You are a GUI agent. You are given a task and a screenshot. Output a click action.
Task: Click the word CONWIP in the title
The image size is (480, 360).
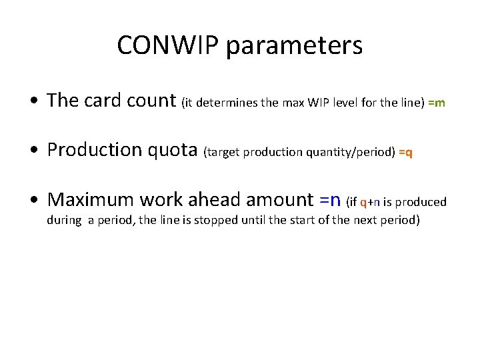168,46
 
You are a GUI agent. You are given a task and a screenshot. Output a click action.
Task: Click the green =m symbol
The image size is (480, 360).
437,103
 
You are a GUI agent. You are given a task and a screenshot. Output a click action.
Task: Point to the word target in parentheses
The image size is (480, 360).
223,152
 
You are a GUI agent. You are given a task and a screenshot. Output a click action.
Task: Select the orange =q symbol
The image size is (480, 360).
405,152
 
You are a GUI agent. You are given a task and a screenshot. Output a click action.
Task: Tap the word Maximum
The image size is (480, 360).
91,199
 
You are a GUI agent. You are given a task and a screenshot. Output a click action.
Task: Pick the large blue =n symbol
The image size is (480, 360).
330,199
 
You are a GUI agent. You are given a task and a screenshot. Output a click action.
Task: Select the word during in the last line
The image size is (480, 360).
64,220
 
